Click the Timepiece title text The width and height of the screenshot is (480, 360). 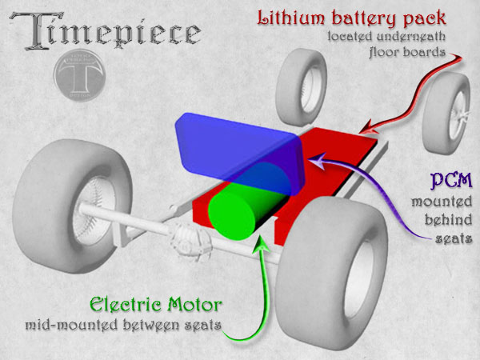(x=106, y=31)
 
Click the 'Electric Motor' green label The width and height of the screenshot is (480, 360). (x=156, y=306)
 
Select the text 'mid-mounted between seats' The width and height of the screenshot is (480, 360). (x=124, y=326)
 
